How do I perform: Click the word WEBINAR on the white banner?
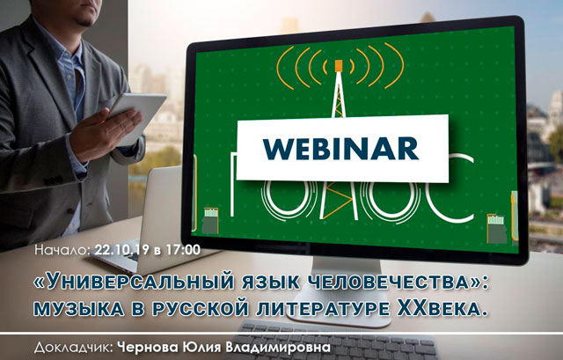(x=340, y=148)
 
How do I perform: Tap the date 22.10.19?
(x=121, y=249)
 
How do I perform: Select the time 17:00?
(x=183, y=249)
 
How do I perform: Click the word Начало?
(x=62, y=249)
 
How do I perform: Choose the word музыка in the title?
(x=78, y=309)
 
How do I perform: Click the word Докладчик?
(x=74, y=348)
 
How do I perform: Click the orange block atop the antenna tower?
(x=338, y=66)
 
